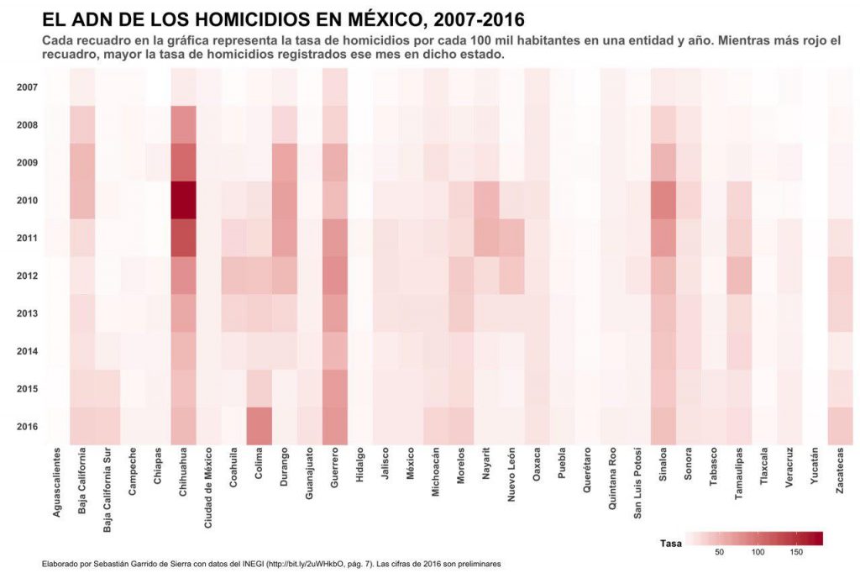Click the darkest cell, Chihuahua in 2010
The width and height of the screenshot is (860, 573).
tap(183, 200)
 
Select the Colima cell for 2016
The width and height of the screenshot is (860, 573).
tap(259, 426)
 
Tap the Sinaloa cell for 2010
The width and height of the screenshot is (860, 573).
tap(663, 200)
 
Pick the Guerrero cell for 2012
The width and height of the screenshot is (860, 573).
tap(334, 276)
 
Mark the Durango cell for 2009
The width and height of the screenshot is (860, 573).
tap(284, 162)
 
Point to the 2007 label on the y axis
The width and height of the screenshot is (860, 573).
tap(26, 87)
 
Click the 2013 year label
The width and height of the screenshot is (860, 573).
tap(26, 313)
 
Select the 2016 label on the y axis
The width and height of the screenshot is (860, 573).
tap(26, 426)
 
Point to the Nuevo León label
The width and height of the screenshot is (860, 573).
tap(511, 478)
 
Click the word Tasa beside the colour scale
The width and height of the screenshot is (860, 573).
tap(670, 543)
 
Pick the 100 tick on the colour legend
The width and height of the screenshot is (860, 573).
tap(758, 552)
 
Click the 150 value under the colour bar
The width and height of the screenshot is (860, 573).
tap(796, 552)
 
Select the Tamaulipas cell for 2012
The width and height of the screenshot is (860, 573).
tap(739, 276)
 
